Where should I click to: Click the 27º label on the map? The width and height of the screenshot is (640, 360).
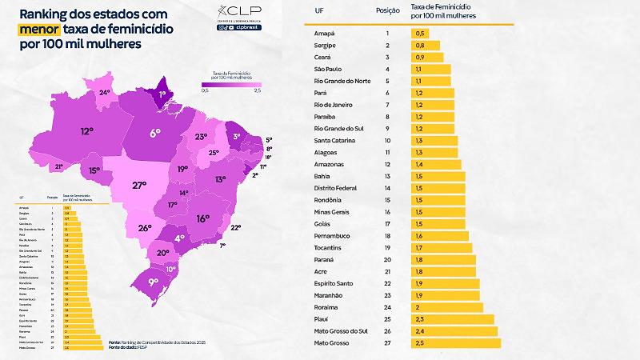click(x=140, y=186)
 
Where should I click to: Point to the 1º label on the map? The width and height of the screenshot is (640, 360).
click(x=162, y=94)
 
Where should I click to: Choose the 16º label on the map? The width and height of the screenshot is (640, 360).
click(x=202, y=217)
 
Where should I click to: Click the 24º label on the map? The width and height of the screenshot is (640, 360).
click(x=104, y=93)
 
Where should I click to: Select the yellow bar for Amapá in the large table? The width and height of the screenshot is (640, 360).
click(x=418, y=34)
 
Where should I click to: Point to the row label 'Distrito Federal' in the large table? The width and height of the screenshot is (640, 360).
click(x=341, y=187)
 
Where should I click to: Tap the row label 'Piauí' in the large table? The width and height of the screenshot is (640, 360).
click(x=322, y=319)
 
